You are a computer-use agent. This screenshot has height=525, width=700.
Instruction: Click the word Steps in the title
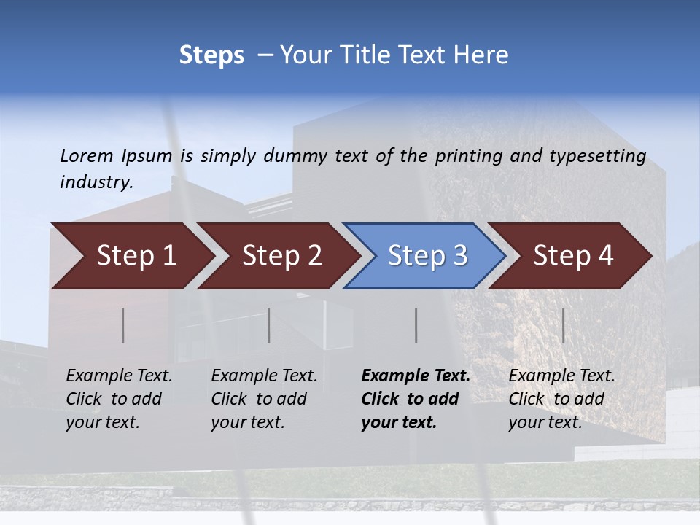tap(211, 55)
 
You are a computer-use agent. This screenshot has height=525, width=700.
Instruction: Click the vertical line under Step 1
tap(123, 325)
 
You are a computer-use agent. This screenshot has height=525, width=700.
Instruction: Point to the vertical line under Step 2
tap(269, 325)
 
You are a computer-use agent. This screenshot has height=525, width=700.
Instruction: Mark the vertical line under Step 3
tap(416, 325)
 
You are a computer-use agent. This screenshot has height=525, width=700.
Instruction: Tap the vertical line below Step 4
tap(564, 325)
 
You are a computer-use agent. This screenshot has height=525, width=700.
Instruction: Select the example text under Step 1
tap(119, 399)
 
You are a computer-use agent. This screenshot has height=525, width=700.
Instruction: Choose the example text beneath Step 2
tap(264, 399)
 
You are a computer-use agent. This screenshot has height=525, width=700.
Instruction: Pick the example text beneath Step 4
tap(561, 399)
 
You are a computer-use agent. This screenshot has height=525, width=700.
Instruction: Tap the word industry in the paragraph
tap(96, 182)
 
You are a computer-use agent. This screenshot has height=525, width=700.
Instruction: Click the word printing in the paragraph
tap(464, 156)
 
